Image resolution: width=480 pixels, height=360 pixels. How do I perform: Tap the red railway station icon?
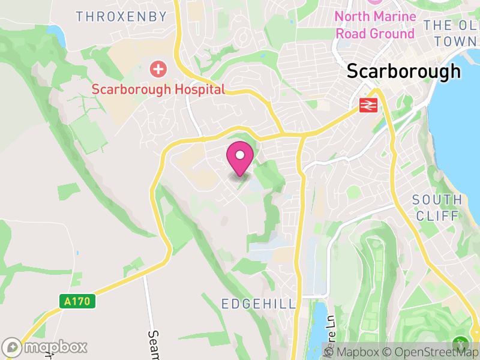pos(367,105)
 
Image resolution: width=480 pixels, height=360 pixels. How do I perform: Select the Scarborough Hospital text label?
pos(158,89)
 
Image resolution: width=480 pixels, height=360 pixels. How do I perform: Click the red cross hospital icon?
pos(158,69)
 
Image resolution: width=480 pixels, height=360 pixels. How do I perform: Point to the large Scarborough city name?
pos(404,71)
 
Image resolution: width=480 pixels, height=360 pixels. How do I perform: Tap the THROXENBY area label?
pos(121,17)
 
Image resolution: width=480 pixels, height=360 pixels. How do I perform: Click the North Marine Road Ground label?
pos(375,25)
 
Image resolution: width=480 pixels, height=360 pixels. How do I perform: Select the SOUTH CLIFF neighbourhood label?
pos(437,208)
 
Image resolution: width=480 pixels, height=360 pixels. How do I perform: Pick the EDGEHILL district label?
pos(259,304)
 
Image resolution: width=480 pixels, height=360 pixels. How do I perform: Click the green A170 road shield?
pos(77,301)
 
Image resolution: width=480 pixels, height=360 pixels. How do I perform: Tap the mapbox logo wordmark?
pos(45,347)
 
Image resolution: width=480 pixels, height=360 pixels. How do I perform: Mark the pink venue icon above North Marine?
pos(375,2)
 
